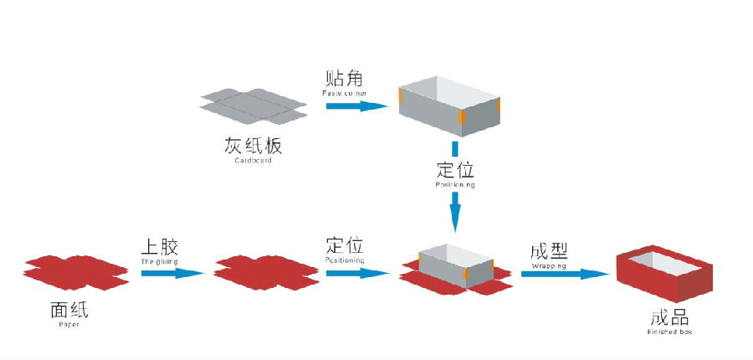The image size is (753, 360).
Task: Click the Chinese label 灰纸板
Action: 254,145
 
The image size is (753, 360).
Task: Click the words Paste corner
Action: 344,93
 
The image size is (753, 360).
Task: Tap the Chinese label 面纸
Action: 69,311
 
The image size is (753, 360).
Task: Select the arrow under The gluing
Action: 172,273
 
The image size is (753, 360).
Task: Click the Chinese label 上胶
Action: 159,247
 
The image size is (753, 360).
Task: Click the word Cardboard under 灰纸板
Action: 254,160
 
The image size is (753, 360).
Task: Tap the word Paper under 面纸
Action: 69,325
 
